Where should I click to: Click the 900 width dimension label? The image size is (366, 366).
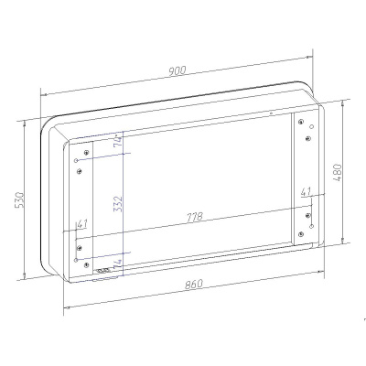pos(177,70)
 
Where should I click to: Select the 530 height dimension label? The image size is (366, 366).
pos(19,199)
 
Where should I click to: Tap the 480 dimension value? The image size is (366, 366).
pos(338,173)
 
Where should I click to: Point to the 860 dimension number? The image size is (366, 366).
pos(194,285)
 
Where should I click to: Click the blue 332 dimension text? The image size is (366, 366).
pos(118,204)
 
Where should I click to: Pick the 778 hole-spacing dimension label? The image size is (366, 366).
pos(194,217)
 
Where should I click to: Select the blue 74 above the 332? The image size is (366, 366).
pos(118,141)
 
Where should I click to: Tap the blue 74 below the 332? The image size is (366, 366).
pos(118,264)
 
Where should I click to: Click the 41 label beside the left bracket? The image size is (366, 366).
pos(82,223)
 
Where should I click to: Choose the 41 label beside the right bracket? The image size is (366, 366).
pos(306,192)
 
